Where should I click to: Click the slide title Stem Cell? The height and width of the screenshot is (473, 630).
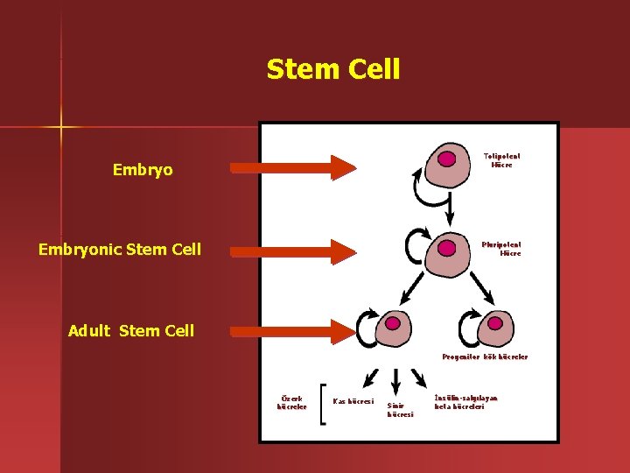coord(333,68)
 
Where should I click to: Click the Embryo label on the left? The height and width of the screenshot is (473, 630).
coord(143,170)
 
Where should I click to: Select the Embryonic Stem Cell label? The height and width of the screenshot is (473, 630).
coord(120,250)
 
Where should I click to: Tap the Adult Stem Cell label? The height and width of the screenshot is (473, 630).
coord(131,330)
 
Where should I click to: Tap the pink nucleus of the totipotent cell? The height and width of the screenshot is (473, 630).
coord(447,159)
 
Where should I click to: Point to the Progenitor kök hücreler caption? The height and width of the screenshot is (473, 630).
coord(485,357)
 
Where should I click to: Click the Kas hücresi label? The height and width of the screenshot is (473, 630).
coord(353,401)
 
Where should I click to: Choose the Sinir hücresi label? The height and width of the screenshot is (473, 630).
coord(400,410)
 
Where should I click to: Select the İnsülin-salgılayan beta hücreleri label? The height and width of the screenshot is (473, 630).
coord(465,402)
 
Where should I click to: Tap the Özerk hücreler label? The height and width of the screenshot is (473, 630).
coord(291,402)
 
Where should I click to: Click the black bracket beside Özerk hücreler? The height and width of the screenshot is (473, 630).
coord(323,404)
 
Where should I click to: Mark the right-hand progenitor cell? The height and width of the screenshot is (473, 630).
coord(495,328)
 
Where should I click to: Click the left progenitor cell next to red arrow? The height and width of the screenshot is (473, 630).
coord(393,328)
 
